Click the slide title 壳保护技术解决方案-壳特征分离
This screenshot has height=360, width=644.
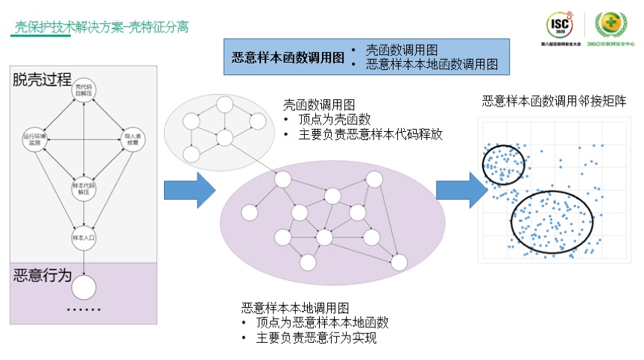click(101, 28)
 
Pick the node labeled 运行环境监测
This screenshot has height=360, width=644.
click(34, 139)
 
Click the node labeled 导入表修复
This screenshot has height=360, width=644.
click(132, 139)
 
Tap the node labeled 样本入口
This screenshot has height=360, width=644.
click(83, 238)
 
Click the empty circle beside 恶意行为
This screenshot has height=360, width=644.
click(83, 287)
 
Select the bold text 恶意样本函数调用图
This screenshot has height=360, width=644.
click(288, 57)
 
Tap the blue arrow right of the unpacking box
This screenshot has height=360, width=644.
click(189, 190)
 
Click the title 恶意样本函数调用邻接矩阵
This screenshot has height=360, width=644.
click(554, 101)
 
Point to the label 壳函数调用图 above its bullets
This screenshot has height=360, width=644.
click(318, 104)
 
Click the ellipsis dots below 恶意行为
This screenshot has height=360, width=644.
click(83, 309)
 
